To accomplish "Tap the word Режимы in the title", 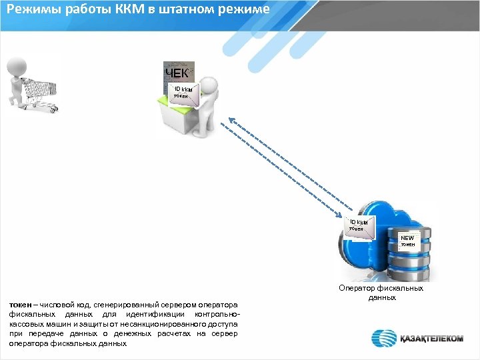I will click(x=31, y=9).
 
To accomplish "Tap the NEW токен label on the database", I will click(x=407, y=241).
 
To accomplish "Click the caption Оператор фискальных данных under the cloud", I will click(x=381, y=293).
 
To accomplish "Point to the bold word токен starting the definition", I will click(x=19, y=304).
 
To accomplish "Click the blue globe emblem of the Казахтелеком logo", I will click(x=385, y=338).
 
